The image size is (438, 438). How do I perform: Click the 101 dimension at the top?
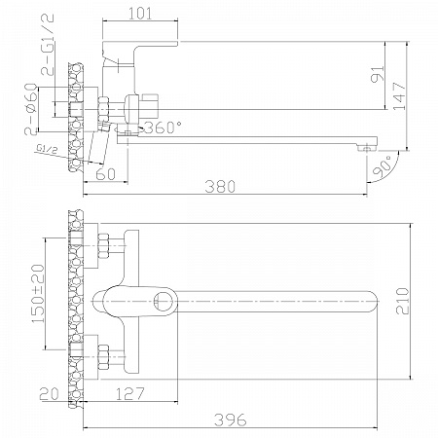pyautogui.click(x=140, y=14)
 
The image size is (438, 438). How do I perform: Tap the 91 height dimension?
pyautogui.click(x=378, y=74)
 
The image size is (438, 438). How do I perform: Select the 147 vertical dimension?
pyautogui.click(x=400, y=96)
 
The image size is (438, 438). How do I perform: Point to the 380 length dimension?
pyautogui.click(x=220, y=187)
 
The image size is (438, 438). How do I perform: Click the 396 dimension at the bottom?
pyautogui.click(x=231, y=420)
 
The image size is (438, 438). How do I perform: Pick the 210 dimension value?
pyautogui.click(x=403, y=301)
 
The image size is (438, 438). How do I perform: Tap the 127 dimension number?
pyautogui.click(x=129, y=394)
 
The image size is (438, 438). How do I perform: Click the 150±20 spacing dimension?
pyautogui.click(x=38, y=294)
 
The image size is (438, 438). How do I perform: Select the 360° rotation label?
pyautogui.click(x=163, y=128)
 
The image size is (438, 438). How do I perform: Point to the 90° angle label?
pyautogui.click(x=382, y=166)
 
